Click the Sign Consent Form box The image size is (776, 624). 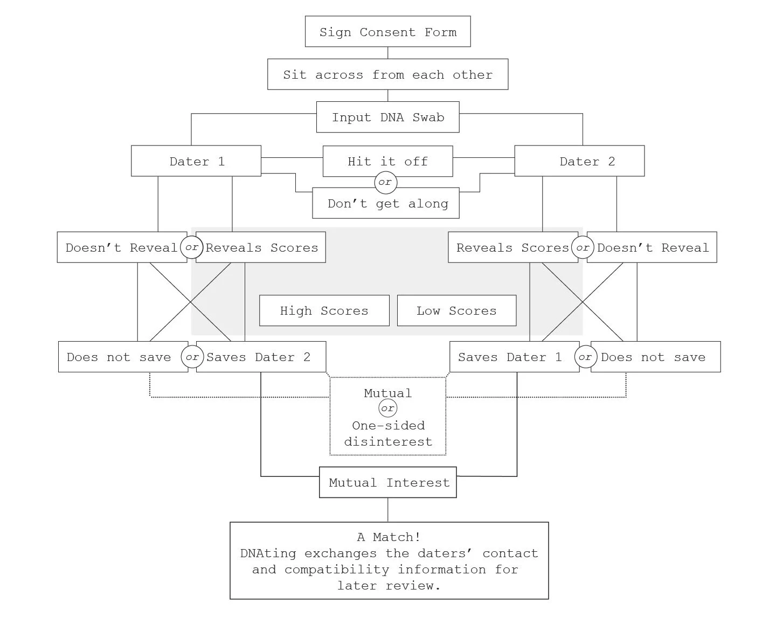pos(387,31)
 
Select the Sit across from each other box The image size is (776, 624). pos(387,74)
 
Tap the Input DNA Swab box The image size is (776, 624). pos(387,117)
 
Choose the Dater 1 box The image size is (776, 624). pos(196,161)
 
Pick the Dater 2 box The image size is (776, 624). pos(579,161)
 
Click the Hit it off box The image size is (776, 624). pos(387,161)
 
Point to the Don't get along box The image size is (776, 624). pos(386,203)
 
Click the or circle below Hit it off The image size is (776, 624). pos(386,182)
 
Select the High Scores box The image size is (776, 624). pos(324,310)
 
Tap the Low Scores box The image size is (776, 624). pos(456,310)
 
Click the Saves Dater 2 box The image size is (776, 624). pos(261,357)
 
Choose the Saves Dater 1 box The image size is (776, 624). pos(515,357)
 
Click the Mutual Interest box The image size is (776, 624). pos(387,482)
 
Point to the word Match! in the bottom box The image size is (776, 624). pos(397,537)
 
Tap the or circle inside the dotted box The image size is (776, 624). pos(387,408)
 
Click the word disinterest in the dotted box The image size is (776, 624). pos(388,441)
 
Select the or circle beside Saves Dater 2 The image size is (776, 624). pos(192,357)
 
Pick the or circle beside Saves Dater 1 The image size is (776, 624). pos(586,357)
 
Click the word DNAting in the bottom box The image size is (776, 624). pos(268,553)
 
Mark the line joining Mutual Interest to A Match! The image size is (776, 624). pos(387,510)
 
